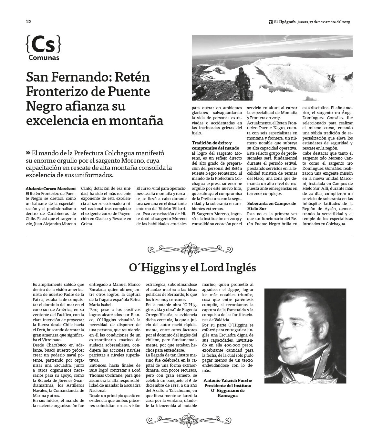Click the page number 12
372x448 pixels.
click(28, 22)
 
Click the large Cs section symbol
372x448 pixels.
click(43, 45)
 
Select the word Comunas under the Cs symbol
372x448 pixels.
click(44, 58)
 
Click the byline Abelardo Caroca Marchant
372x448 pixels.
click(50, 188)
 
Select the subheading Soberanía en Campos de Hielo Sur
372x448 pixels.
click(272, 206)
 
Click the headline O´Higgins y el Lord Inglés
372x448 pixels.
click(192, 268)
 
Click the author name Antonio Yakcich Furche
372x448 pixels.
click(228, 380)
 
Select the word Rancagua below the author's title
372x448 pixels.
click(227, 395)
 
